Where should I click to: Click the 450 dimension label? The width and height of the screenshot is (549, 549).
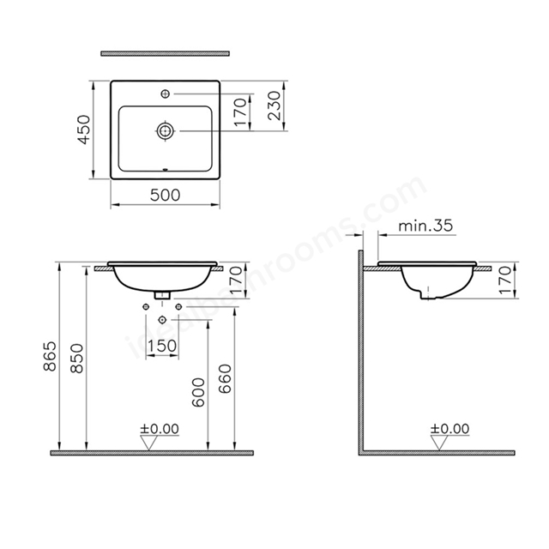pyautogui.click(x=84, y=130)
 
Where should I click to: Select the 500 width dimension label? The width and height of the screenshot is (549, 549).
pyautogui.click(x=166, y=195)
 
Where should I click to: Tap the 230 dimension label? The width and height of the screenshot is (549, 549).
pyautogui.click(x=274, y=106)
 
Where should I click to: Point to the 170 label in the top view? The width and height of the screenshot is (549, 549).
pyautogui.click(x=241, y=112)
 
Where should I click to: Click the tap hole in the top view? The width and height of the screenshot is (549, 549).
pyautogui.click(x=166, y=94)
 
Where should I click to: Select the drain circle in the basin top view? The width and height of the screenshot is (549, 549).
pyautogui.click(x=165, y=131)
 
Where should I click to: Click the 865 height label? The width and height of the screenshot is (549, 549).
pyautogui.click(x=50, y=356)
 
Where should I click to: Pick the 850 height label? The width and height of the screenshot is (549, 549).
pyautogui.click(x=76, y=359)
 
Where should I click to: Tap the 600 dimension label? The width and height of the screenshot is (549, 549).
pyautogui.click(x=198, y=392)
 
